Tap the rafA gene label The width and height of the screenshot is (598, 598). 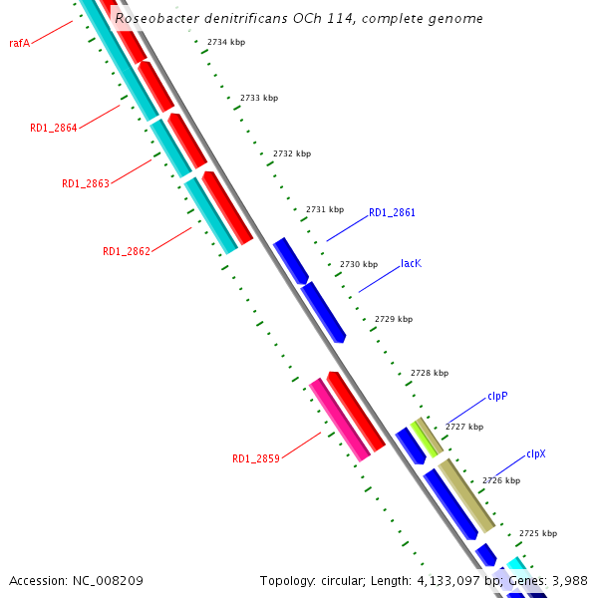point(19,43)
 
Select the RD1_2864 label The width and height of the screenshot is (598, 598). point(53,128)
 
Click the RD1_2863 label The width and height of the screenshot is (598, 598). point(85,183)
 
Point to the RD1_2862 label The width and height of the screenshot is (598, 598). point(126,251)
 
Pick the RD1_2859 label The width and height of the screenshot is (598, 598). point(255,458)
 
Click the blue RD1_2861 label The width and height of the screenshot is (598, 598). point(392,212)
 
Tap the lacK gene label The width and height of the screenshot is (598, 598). point(411,264)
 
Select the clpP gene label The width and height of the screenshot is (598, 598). point(497,396)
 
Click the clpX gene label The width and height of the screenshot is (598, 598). point(535,453)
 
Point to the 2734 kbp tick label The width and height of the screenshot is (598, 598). point(225,42)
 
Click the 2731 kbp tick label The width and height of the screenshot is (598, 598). point(325,209)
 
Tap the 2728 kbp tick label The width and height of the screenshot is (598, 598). point(430,373)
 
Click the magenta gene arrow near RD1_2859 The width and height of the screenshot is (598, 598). point(339,419)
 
